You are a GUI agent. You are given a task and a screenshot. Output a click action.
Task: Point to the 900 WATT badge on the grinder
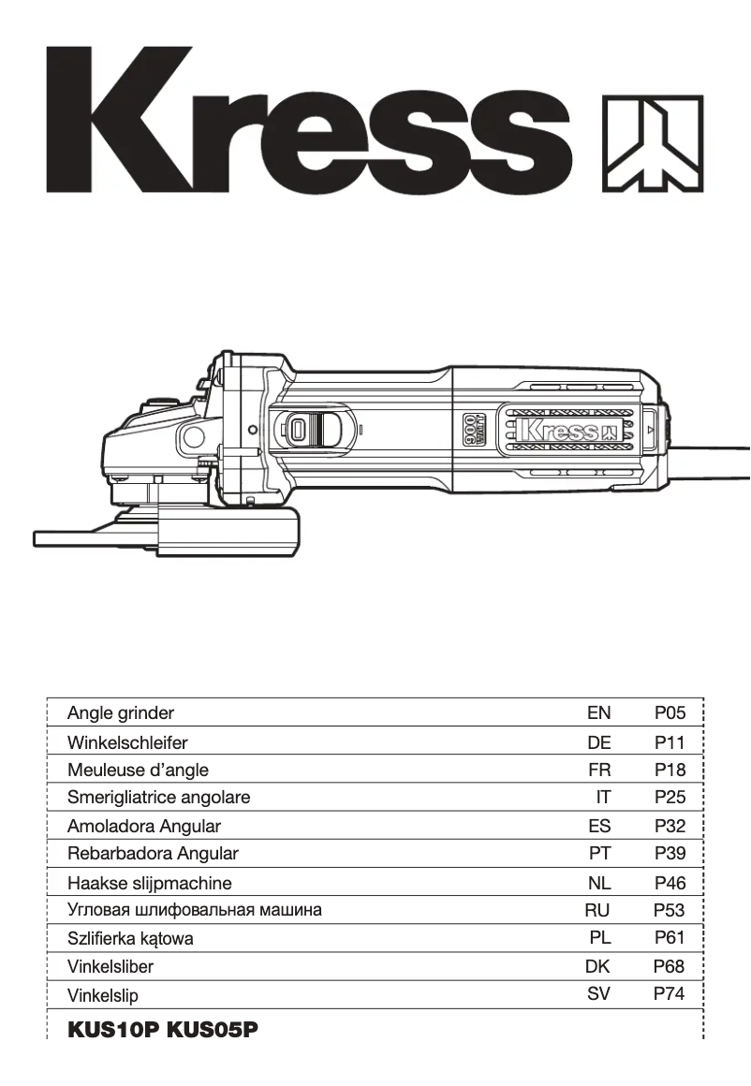[x=475, y=432]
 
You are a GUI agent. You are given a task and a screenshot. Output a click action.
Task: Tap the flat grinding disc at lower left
[x=94, y=538]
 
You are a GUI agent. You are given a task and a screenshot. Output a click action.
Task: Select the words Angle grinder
[x=121, y=713]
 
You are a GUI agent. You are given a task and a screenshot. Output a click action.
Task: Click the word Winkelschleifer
[x=127, y=742]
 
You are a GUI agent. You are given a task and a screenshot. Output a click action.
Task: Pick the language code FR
[x=598, y=770]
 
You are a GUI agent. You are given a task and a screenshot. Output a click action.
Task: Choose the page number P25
[x=670, y=799]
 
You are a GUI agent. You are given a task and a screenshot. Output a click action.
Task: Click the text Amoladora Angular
[x=144, y=827]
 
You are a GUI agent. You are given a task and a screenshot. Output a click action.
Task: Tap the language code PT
[x=599, y=854]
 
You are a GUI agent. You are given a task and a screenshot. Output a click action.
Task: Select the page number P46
[x=670, y=882]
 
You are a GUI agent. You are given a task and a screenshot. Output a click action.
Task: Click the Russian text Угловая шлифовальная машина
[x=195, y=909]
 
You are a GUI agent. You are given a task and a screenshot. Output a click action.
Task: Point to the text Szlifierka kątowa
[x=130, y=938]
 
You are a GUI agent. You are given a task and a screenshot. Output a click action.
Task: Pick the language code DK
[x=597, y=966]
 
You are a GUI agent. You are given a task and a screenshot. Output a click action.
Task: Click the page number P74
[x=670, y=993]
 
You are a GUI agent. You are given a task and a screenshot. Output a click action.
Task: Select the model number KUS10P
[x=113, y=1031]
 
